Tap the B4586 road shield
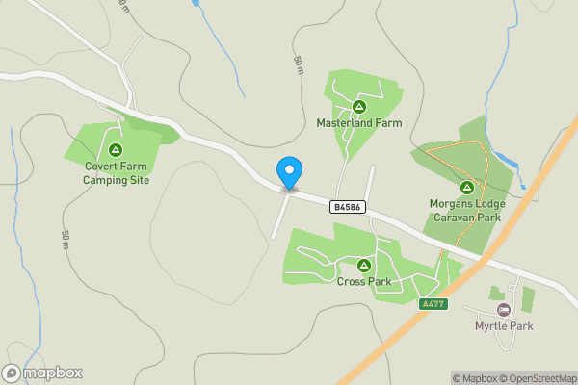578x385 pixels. (x=348, y=207)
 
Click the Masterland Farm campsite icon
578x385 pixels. (x=358, y=107)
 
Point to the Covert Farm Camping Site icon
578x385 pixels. (x=116, y=149)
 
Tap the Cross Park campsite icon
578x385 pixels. (x=364, y=265)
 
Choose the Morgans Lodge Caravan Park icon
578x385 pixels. (x=466, y=187)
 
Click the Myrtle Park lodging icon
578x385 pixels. (x=503, y=310)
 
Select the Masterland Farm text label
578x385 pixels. (x=358, y=123)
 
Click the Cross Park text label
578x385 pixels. (x=364, y=282)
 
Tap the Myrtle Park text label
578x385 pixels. (x=504, y=326)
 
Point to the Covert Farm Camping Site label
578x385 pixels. (x=116, y=172)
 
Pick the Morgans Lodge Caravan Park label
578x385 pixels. (x=466, y=210)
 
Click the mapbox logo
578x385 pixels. (x=43, y=372)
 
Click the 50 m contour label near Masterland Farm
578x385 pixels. (x=299, y=64)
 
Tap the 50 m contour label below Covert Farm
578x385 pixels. (x=66, y=240)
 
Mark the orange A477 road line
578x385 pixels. (x=385, y=338)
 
